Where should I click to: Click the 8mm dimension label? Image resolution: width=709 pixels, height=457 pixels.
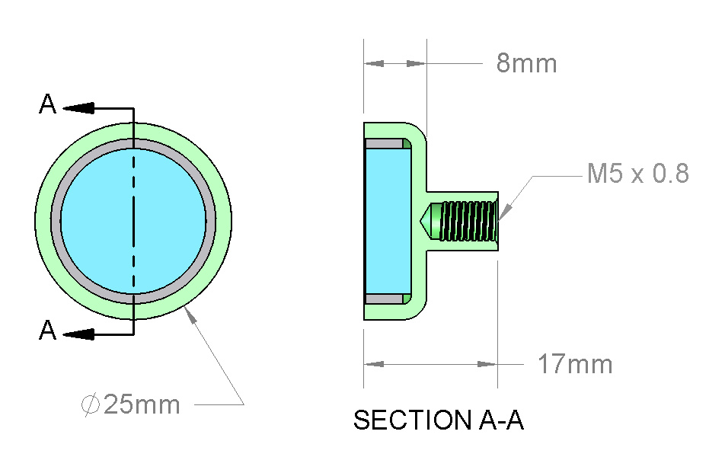coord(526,62)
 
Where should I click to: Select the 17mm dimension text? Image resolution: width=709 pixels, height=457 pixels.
coord(575,364)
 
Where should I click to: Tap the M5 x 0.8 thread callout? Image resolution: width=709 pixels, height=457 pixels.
coord(637,173)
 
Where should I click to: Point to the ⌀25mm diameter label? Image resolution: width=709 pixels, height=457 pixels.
coord(131,404)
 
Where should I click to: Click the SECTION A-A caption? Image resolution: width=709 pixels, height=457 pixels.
coord(438,420)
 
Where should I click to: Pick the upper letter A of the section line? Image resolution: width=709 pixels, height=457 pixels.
coord(47,104)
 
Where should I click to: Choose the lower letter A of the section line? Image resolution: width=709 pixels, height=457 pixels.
coord(47,330)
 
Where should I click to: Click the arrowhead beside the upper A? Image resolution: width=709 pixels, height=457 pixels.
coord(78,108)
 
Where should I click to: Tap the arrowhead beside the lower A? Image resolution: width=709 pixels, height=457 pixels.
coord(78,334)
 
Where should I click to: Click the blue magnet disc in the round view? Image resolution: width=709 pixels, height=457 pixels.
coord(133,221)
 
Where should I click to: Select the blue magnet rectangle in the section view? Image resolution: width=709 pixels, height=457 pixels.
coord(388,221)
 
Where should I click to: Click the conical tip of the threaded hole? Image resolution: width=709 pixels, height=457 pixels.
coord(425,221)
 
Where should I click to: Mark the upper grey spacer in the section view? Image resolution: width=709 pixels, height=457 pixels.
coord(384,144)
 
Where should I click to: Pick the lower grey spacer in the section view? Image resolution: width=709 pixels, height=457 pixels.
coord(384,299)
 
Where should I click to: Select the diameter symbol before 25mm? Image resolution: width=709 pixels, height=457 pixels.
coord(91,404)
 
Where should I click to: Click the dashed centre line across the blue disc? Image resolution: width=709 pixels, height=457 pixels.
coord(133,221)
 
